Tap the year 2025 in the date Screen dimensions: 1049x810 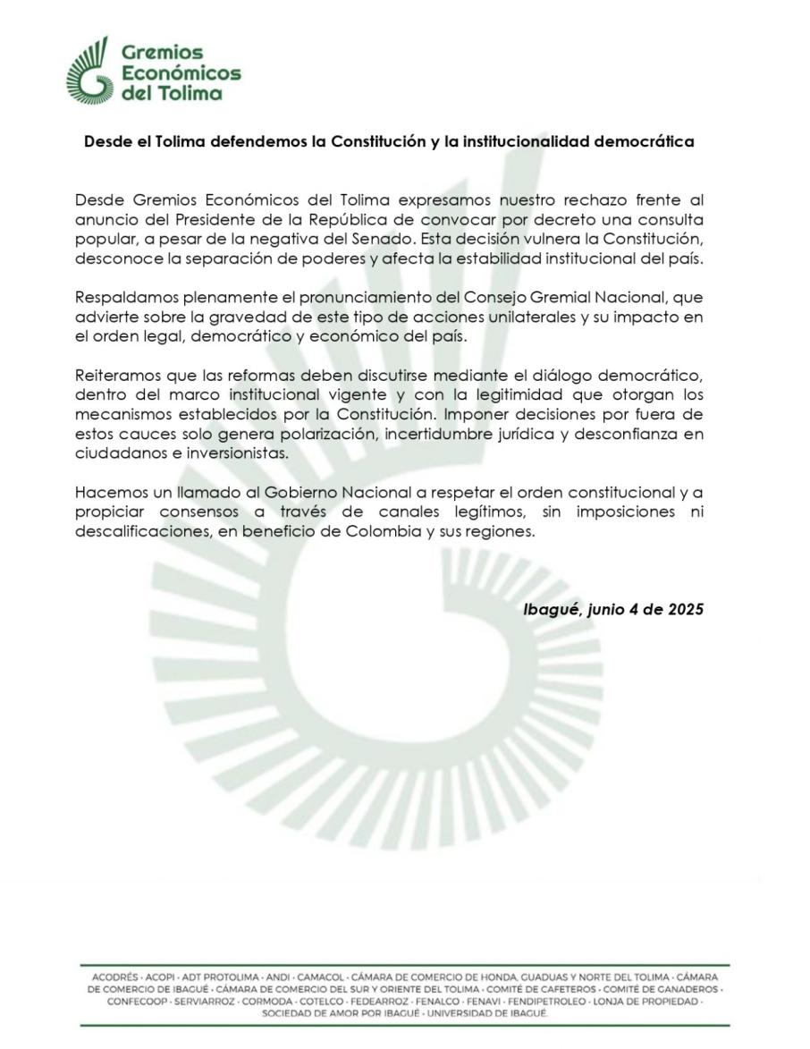[683, 610]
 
